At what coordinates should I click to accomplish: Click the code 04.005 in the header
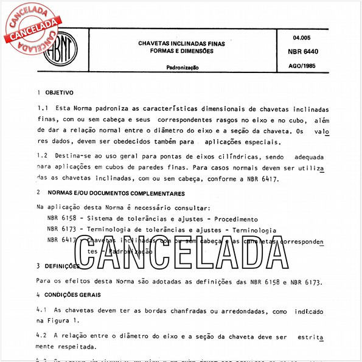(302, 38)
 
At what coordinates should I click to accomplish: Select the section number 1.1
(43, 108)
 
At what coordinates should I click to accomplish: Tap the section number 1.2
(43, 157)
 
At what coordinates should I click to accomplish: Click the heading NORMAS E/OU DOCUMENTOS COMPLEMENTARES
(116, 193)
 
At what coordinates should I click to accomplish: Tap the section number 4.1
(43, 310)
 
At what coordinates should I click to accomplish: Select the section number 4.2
(43, 335)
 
